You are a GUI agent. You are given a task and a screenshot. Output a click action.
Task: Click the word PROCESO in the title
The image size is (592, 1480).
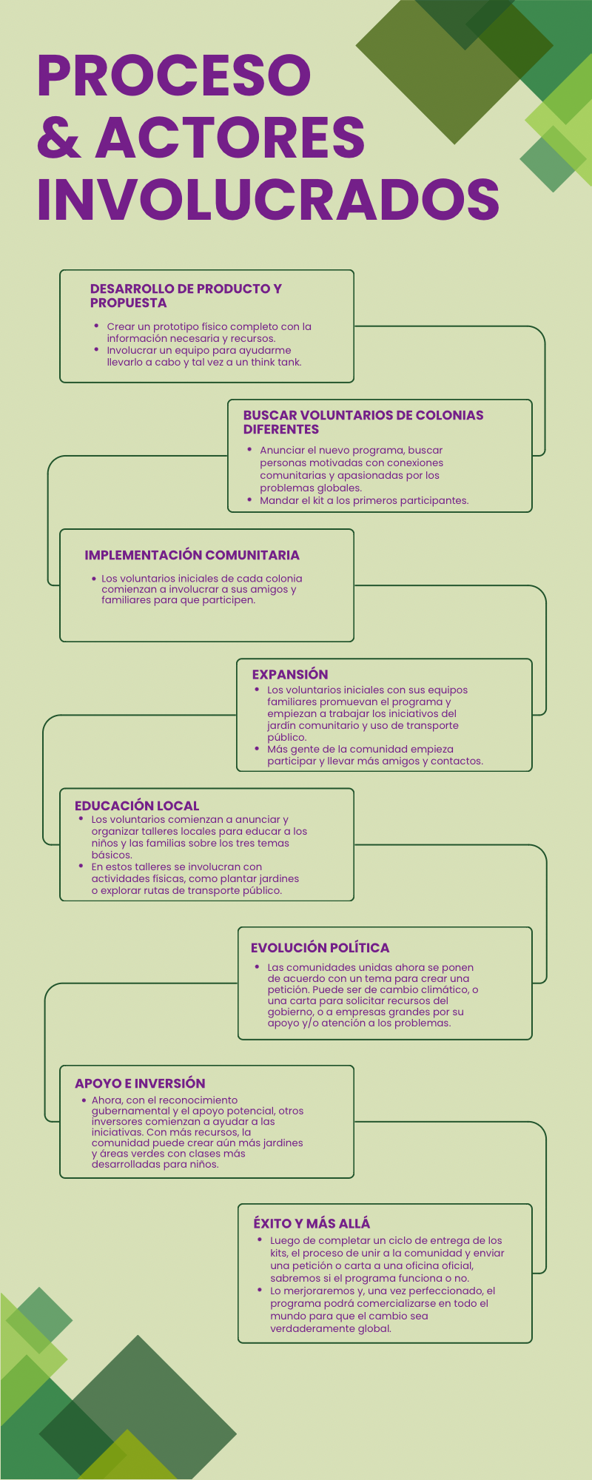click(174, 75)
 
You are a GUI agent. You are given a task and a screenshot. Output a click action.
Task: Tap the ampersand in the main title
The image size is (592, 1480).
click(59, 138)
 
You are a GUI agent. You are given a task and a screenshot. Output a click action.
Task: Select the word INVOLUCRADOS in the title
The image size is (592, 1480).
click(268, 199)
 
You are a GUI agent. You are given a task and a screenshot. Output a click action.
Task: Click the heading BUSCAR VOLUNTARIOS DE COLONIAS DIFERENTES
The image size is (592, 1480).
click(363, 423)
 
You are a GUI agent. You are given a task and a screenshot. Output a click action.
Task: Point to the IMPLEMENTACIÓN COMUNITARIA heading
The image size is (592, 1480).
click(192, 555)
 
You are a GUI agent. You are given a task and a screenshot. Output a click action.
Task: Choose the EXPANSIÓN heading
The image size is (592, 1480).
click(290, 674)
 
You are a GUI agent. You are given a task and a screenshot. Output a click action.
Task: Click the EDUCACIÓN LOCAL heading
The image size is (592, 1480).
click(137, 806)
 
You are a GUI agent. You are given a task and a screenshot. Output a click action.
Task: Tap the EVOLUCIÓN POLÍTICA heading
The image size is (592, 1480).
click(320, 948)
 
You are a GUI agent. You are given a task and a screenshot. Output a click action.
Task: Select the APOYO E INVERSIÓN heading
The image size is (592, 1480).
click(140, 1083)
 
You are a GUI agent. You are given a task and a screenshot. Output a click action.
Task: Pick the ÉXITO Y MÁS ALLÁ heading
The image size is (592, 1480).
click(312, 1223)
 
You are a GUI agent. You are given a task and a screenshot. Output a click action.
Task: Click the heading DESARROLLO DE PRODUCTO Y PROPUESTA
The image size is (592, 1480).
click(186, 296)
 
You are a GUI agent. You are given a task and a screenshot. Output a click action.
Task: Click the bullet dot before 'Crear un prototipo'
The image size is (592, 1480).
click(96, 326)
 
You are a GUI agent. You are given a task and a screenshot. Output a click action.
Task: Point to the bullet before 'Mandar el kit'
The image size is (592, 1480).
click(249, 499)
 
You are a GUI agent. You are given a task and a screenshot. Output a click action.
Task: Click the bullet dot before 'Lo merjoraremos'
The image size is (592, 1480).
click(260, 1290)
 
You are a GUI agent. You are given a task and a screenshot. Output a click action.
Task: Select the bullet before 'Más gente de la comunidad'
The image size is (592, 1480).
click(257, 748)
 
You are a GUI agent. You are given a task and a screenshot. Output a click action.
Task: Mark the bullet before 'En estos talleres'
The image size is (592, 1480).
click(81, 866)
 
